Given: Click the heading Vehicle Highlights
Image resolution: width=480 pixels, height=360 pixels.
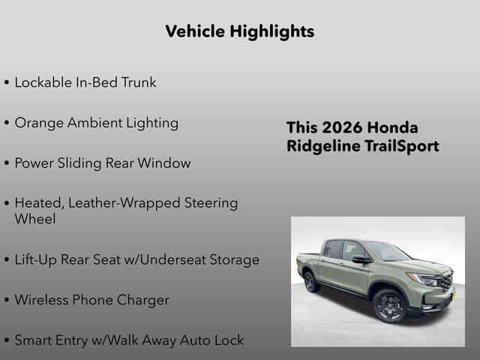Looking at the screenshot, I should (239, 31).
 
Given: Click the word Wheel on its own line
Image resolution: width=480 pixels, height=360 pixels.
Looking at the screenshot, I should (34, 220).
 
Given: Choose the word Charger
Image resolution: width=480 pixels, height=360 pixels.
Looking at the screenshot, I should (142, 300).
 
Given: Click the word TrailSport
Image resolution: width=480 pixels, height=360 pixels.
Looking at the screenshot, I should (401, 146).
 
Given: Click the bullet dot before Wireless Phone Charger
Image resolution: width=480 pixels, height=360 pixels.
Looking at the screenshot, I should (7, 301).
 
